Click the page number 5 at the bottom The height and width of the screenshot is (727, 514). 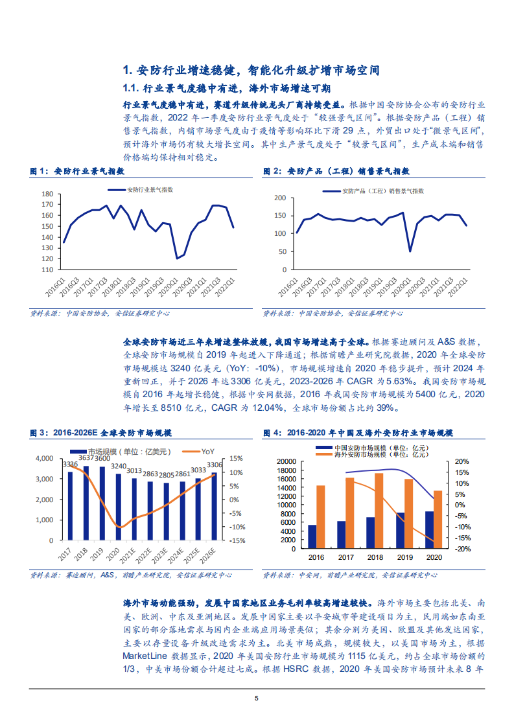[x=257, y=698]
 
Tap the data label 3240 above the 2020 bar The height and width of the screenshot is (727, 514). [x=118, y=466]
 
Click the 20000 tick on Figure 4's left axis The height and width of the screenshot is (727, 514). [x=286, y=461]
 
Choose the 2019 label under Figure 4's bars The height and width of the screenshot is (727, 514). [x=404, y=557]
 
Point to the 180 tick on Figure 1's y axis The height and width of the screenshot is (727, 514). [x=47, y=194]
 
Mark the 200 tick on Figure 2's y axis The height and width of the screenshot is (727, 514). [x=280, y=198]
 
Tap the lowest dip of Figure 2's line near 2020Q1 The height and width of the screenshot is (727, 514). [x=410, y=251]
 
